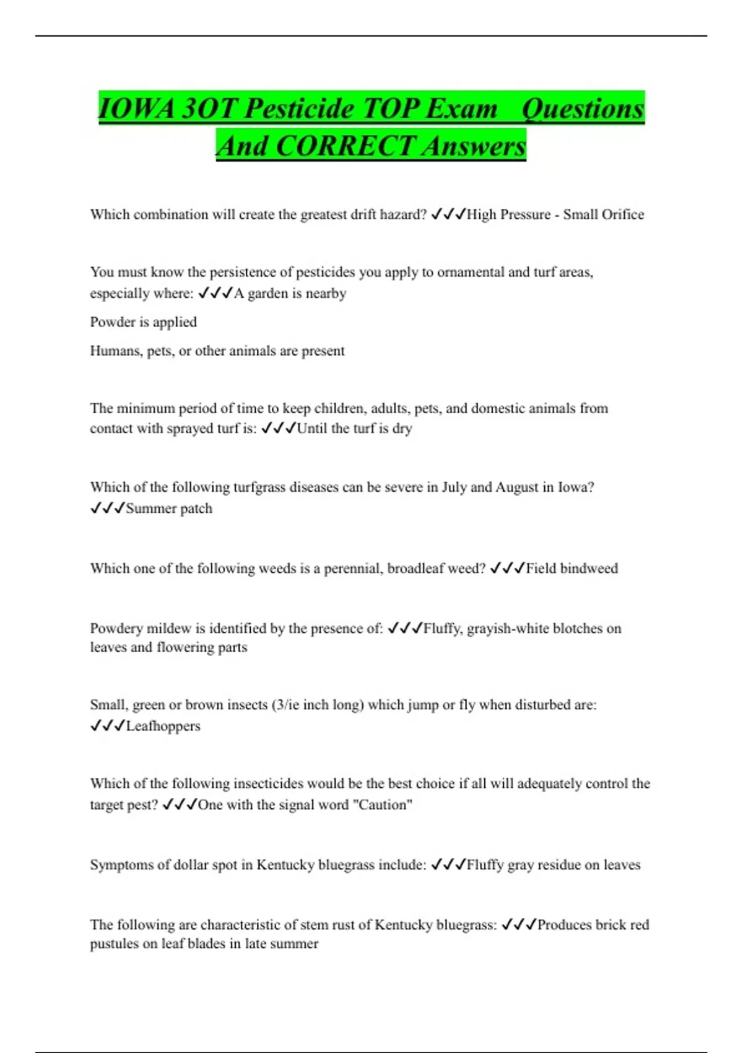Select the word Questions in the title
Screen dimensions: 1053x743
coord(583,109)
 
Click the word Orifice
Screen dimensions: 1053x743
coord(620,215)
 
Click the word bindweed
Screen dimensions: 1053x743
coord(589,569)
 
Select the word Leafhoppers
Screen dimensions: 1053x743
coord(163,726)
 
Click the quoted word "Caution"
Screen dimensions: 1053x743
coord(382,805)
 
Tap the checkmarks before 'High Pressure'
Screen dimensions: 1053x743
coord(448,214)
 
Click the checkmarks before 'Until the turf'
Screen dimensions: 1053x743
coord(278,428)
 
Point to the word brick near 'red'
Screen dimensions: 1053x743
coord(610,925)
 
